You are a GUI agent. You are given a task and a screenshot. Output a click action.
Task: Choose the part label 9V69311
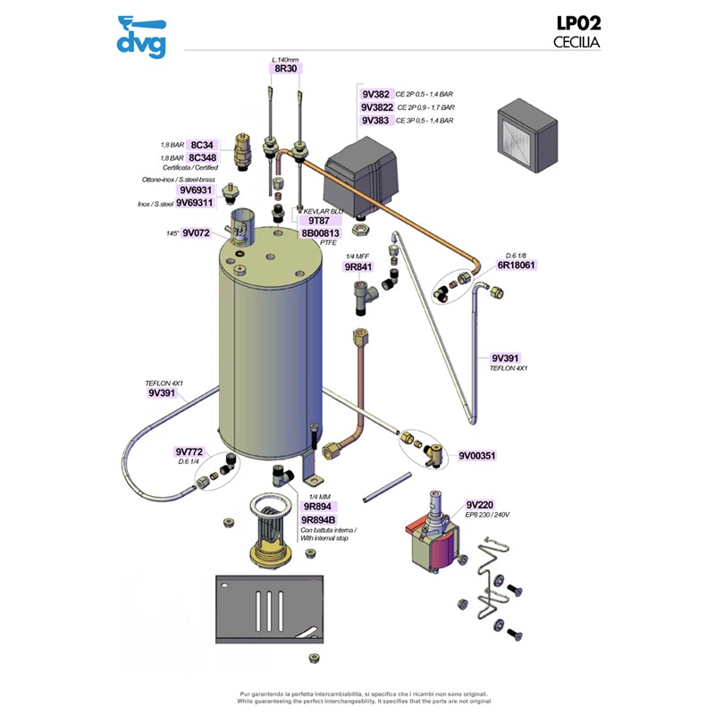click(194, 203)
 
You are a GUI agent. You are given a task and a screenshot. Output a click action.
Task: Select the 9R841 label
click(358, 266)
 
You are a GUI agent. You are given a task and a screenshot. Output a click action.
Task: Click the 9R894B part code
click(319, 519)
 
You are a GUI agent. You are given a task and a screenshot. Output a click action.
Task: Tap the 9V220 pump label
click(480, 504)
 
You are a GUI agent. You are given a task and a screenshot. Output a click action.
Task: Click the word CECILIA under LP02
click(576, 42)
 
